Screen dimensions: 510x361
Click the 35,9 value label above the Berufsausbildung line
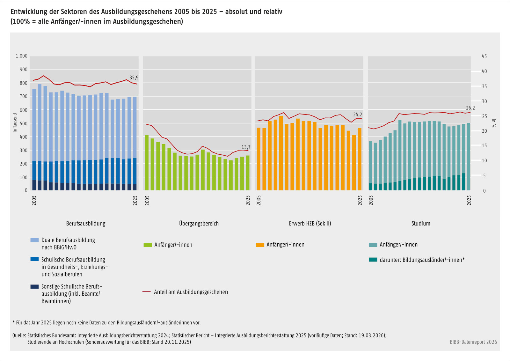click(134, 78)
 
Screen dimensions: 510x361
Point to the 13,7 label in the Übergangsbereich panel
click(246, 147)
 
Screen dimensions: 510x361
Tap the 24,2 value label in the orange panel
click(358, 114)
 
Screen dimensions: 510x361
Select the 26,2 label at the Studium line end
click(470, 108)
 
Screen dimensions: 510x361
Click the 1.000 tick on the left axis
click(21, 56)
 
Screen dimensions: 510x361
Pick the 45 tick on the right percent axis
click(484, 56)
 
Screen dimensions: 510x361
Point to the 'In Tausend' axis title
click(15, 123)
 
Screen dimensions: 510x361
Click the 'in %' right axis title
click(493, 123)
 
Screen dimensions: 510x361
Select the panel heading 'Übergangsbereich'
click(199, 224)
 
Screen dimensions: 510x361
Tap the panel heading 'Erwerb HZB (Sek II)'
click(310, 224)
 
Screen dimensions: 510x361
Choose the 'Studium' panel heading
click(421, 224)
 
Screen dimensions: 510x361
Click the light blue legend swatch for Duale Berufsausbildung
click(35, 240)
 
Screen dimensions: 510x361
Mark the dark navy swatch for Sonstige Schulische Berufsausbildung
click(35, 286)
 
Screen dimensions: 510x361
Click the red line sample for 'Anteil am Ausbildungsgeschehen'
click(146, 292)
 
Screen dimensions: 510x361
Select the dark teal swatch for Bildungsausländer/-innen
click(373, 260)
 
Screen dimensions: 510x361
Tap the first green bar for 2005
click(147, 163)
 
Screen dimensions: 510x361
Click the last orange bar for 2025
click(360, 159)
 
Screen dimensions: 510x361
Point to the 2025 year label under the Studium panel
click(469, 200)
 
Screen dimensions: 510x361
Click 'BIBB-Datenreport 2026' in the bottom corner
click(473, 342)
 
